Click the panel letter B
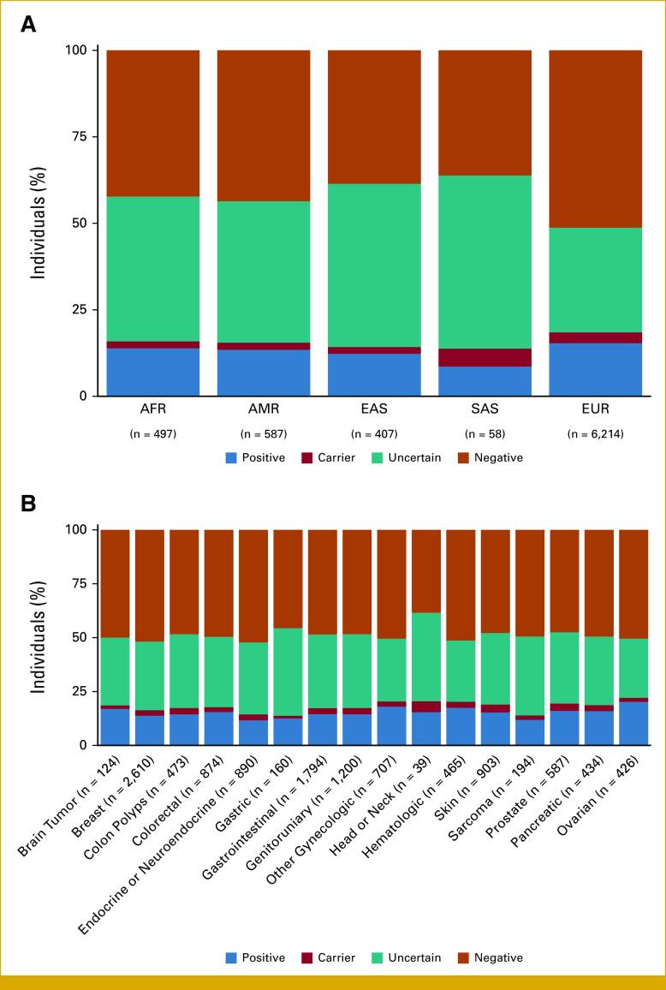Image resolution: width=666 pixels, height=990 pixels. (28, 504)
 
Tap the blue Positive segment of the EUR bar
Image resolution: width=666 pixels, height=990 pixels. (595, 369)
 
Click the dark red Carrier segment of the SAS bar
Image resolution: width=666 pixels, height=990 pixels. (485, 358)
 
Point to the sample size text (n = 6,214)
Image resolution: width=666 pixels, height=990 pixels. (595, 433)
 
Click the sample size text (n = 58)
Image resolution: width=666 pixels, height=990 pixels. (485, 433)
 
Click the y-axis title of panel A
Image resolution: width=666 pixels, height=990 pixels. (39, 223)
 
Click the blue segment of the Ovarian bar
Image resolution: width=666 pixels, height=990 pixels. (633, 724)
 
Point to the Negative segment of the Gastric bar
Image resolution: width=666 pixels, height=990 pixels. (288, 579)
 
